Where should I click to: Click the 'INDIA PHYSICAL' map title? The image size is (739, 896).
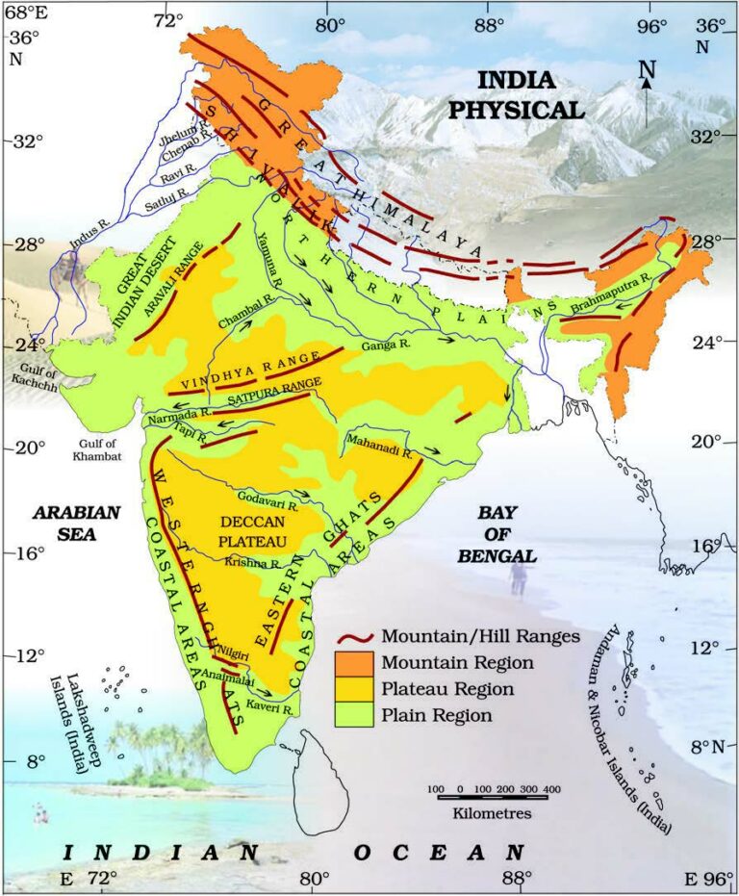pyautogui.click(x=516, y=95)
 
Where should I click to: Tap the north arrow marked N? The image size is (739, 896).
pyautogui.click(x=647, y=91)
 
